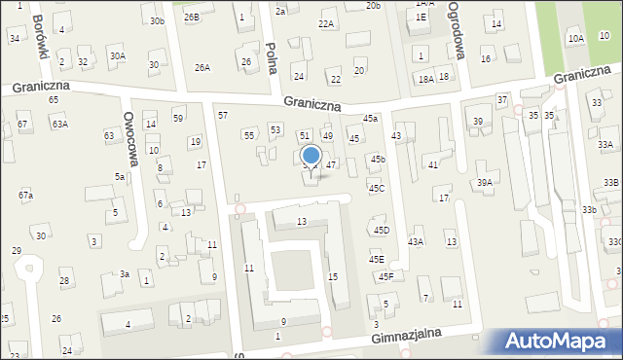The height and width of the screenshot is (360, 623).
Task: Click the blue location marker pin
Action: point(311,156)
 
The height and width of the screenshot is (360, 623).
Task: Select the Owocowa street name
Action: point(128,136)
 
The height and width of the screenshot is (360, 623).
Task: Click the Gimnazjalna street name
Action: point(406,336)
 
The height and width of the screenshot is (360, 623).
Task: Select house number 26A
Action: point(202,67)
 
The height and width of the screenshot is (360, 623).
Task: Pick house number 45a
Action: point(370,119)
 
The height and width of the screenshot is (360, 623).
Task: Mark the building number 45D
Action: point(381,230)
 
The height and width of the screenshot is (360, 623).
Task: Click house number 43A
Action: point(416,241)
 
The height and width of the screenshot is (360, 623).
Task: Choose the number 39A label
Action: point(484,183)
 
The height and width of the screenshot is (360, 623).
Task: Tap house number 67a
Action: point(25,196)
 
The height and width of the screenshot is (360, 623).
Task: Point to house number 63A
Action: point(60,125)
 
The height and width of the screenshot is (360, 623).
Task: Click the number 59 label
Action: point(178,119)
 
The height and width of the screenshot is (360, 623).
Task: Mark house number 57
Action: point(223,116)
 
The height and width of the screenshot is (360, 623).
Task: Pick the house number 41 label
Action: point(433,165)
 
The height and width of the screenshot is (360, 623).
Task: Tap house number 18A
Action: point(425,80)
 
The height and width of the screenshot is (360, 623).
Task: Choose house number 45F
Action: point(385,276)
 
